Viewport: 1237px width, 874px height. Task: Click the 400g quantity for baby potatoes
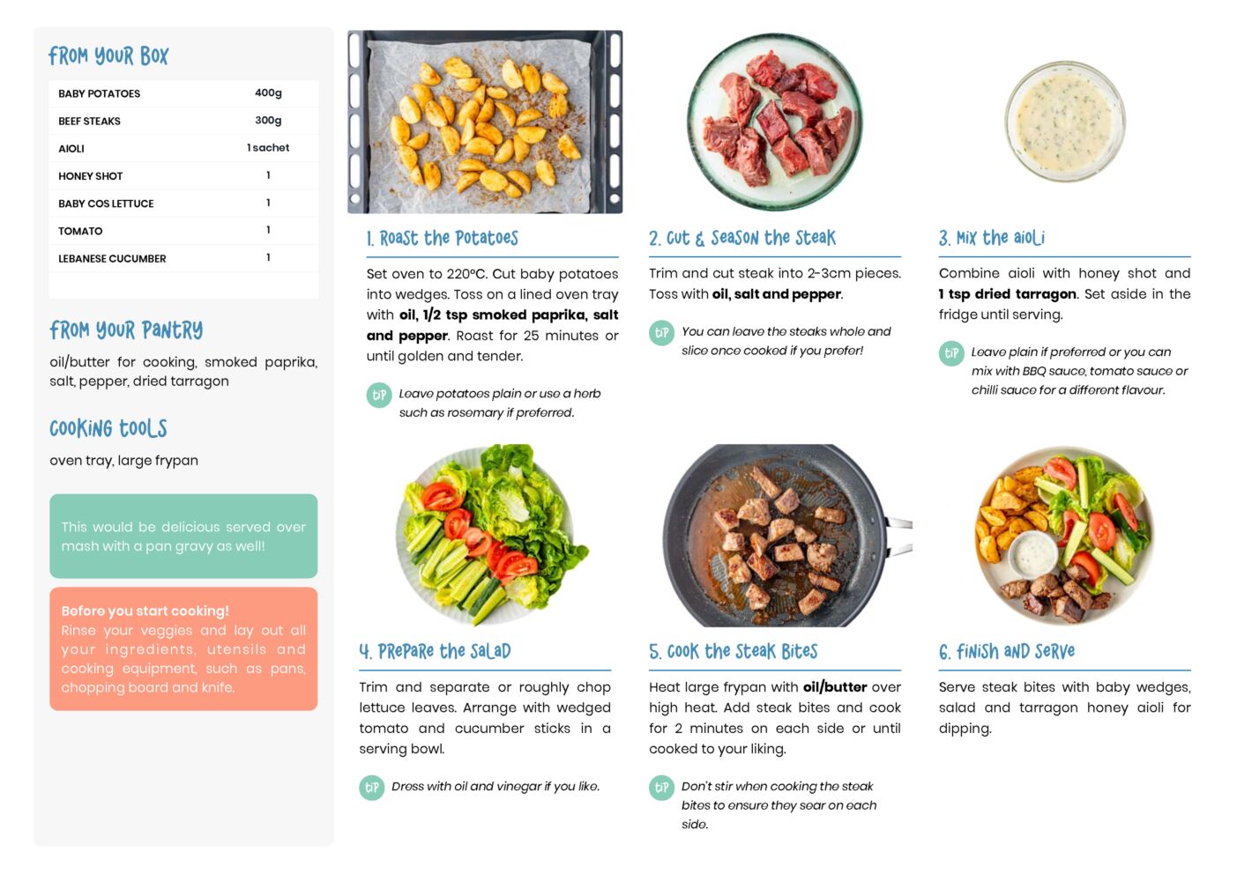pyautogui.click(x=268, y=93)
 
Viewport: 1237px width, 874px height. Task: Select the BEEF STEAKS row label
pyautogui.click(x=89, y=121)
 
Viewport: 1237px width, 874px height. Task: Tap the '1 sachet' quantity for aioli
pyautogui.click(x=268, y=147)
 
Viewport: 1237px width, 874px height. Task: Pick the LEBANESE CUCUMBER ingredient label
pyautogui.click(x=112, y=258)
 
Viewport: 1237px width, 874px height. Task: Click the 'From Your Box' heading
pyautogui.click(x=108, y=56)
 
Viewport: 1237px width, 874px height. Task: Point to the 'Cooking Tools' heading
pyautogui.click(x=108, y=428)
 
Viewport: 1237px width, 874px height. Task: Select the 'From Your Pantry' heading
pyautogui.click(x=126, y=330)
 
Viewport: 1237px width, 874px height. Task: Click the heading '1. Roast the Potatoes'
pyautogui.click(x=443, y=238)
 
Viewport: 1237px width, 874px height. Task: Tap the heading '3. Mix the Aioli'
pyautogui.click(x=992, y=238)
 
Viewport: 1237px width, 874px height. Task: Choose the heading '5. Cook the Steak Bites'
pyautogui.click(x=734, y=651)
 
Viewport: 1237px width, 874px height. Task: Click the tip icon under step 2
pyautogui.click(x=661, y=333)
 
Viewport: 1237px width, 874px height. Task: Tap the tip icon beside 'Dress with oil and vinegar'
pyautogui.click(x=372, y=788)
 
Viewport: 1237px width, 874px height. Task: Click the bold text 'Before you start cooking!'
pyautogui.click(x=145, y=611)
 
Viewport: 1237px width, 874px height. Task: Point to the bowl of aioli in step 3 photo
pyautogui.click(x=1065, y=121)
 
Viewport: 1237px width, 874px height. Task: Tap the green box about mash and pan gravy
pyautogui.click(x=183, y=536)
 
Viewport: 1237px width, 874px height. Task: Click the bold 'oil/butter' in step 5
pyautogui.click(x=835, y=687)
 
